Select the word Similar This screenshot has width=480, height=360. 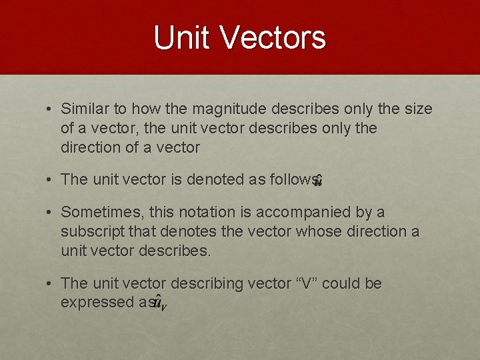(x=85, y=109)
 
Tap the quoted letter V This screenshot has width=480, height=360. (x=307, y=283)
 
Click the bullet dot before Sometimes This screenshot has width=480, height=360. (x=49, y=213)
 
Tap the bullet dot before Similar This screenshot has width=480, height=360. (x=49, y=109)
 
